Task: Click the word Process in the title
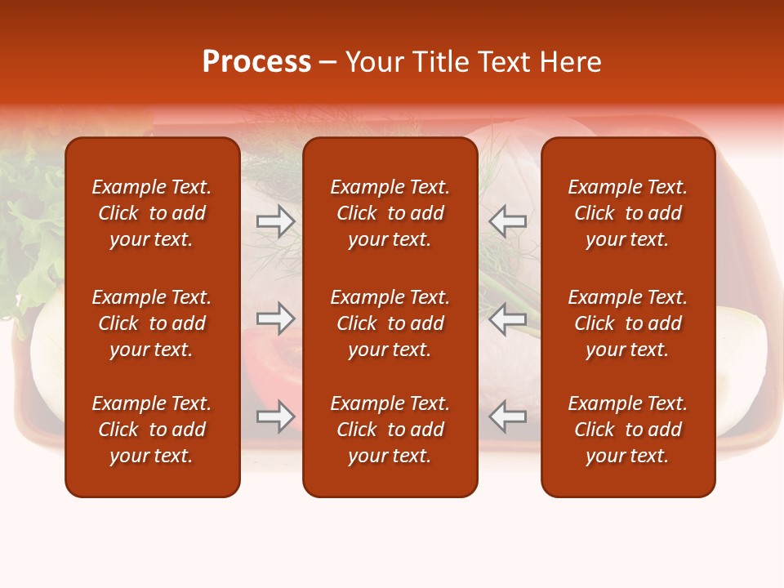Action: coord(256,62)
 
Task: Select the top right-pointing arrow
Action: coord(276,220)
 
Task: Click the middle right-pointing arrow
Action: coord(276,318)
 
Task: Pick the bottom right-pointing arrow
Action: coord(276,416)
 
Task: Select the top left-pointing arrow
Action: coord(507,220)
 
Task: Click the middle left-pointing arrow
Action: coord(507,318)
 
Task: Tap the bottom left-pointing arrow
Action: coord(507,416)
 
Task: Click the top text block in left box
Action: coord(152,213)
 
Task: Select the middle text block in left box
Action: coord(152,323)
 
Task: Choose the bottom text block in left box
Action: coord(152,430)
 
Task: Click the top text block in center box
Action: coord(390,213)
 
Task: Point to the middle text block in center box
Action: coord(390,323)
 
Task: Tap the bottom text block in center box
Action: coord(390,430)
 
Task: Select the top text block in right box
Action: coord(627,213)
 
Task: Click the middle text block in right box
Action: coord(627,323)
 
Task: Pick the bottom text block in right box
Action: coord(627,430)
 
